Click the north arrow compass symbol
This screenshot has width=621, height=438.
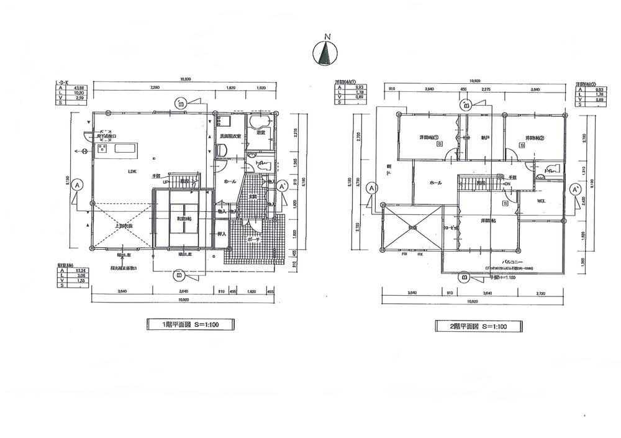coord(324,53)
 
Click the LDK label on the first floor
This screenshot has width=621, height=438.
coord(132,172)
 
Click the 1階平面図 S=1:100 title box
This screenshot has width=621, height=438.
coord(190,324)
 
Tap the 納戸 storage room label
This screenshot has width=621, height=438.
coord(486,137)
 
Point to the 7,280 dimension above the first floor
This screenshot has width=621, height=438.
coord(155,88)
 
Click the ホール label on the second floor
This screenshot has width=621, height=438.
coord(435,183)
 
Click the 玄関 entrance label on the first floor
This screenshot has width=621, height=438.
coord(254,197)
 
